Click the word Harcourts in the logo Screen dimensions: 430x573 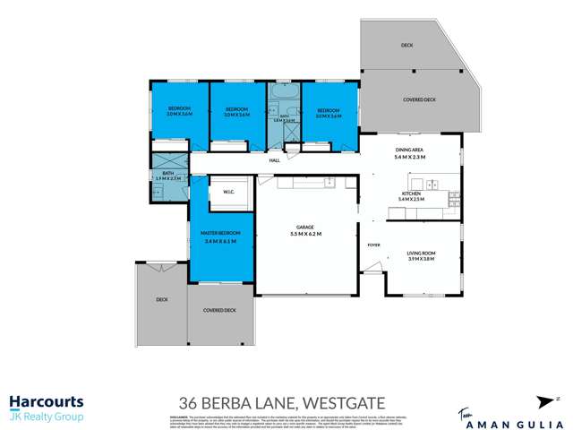pos(46,403)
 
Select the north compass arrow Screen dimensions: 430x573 pos(543,402)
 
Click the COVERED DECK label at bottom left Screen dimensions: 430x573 pos(218,310)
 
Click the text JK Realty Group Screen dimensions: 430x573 pos(46,417)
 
